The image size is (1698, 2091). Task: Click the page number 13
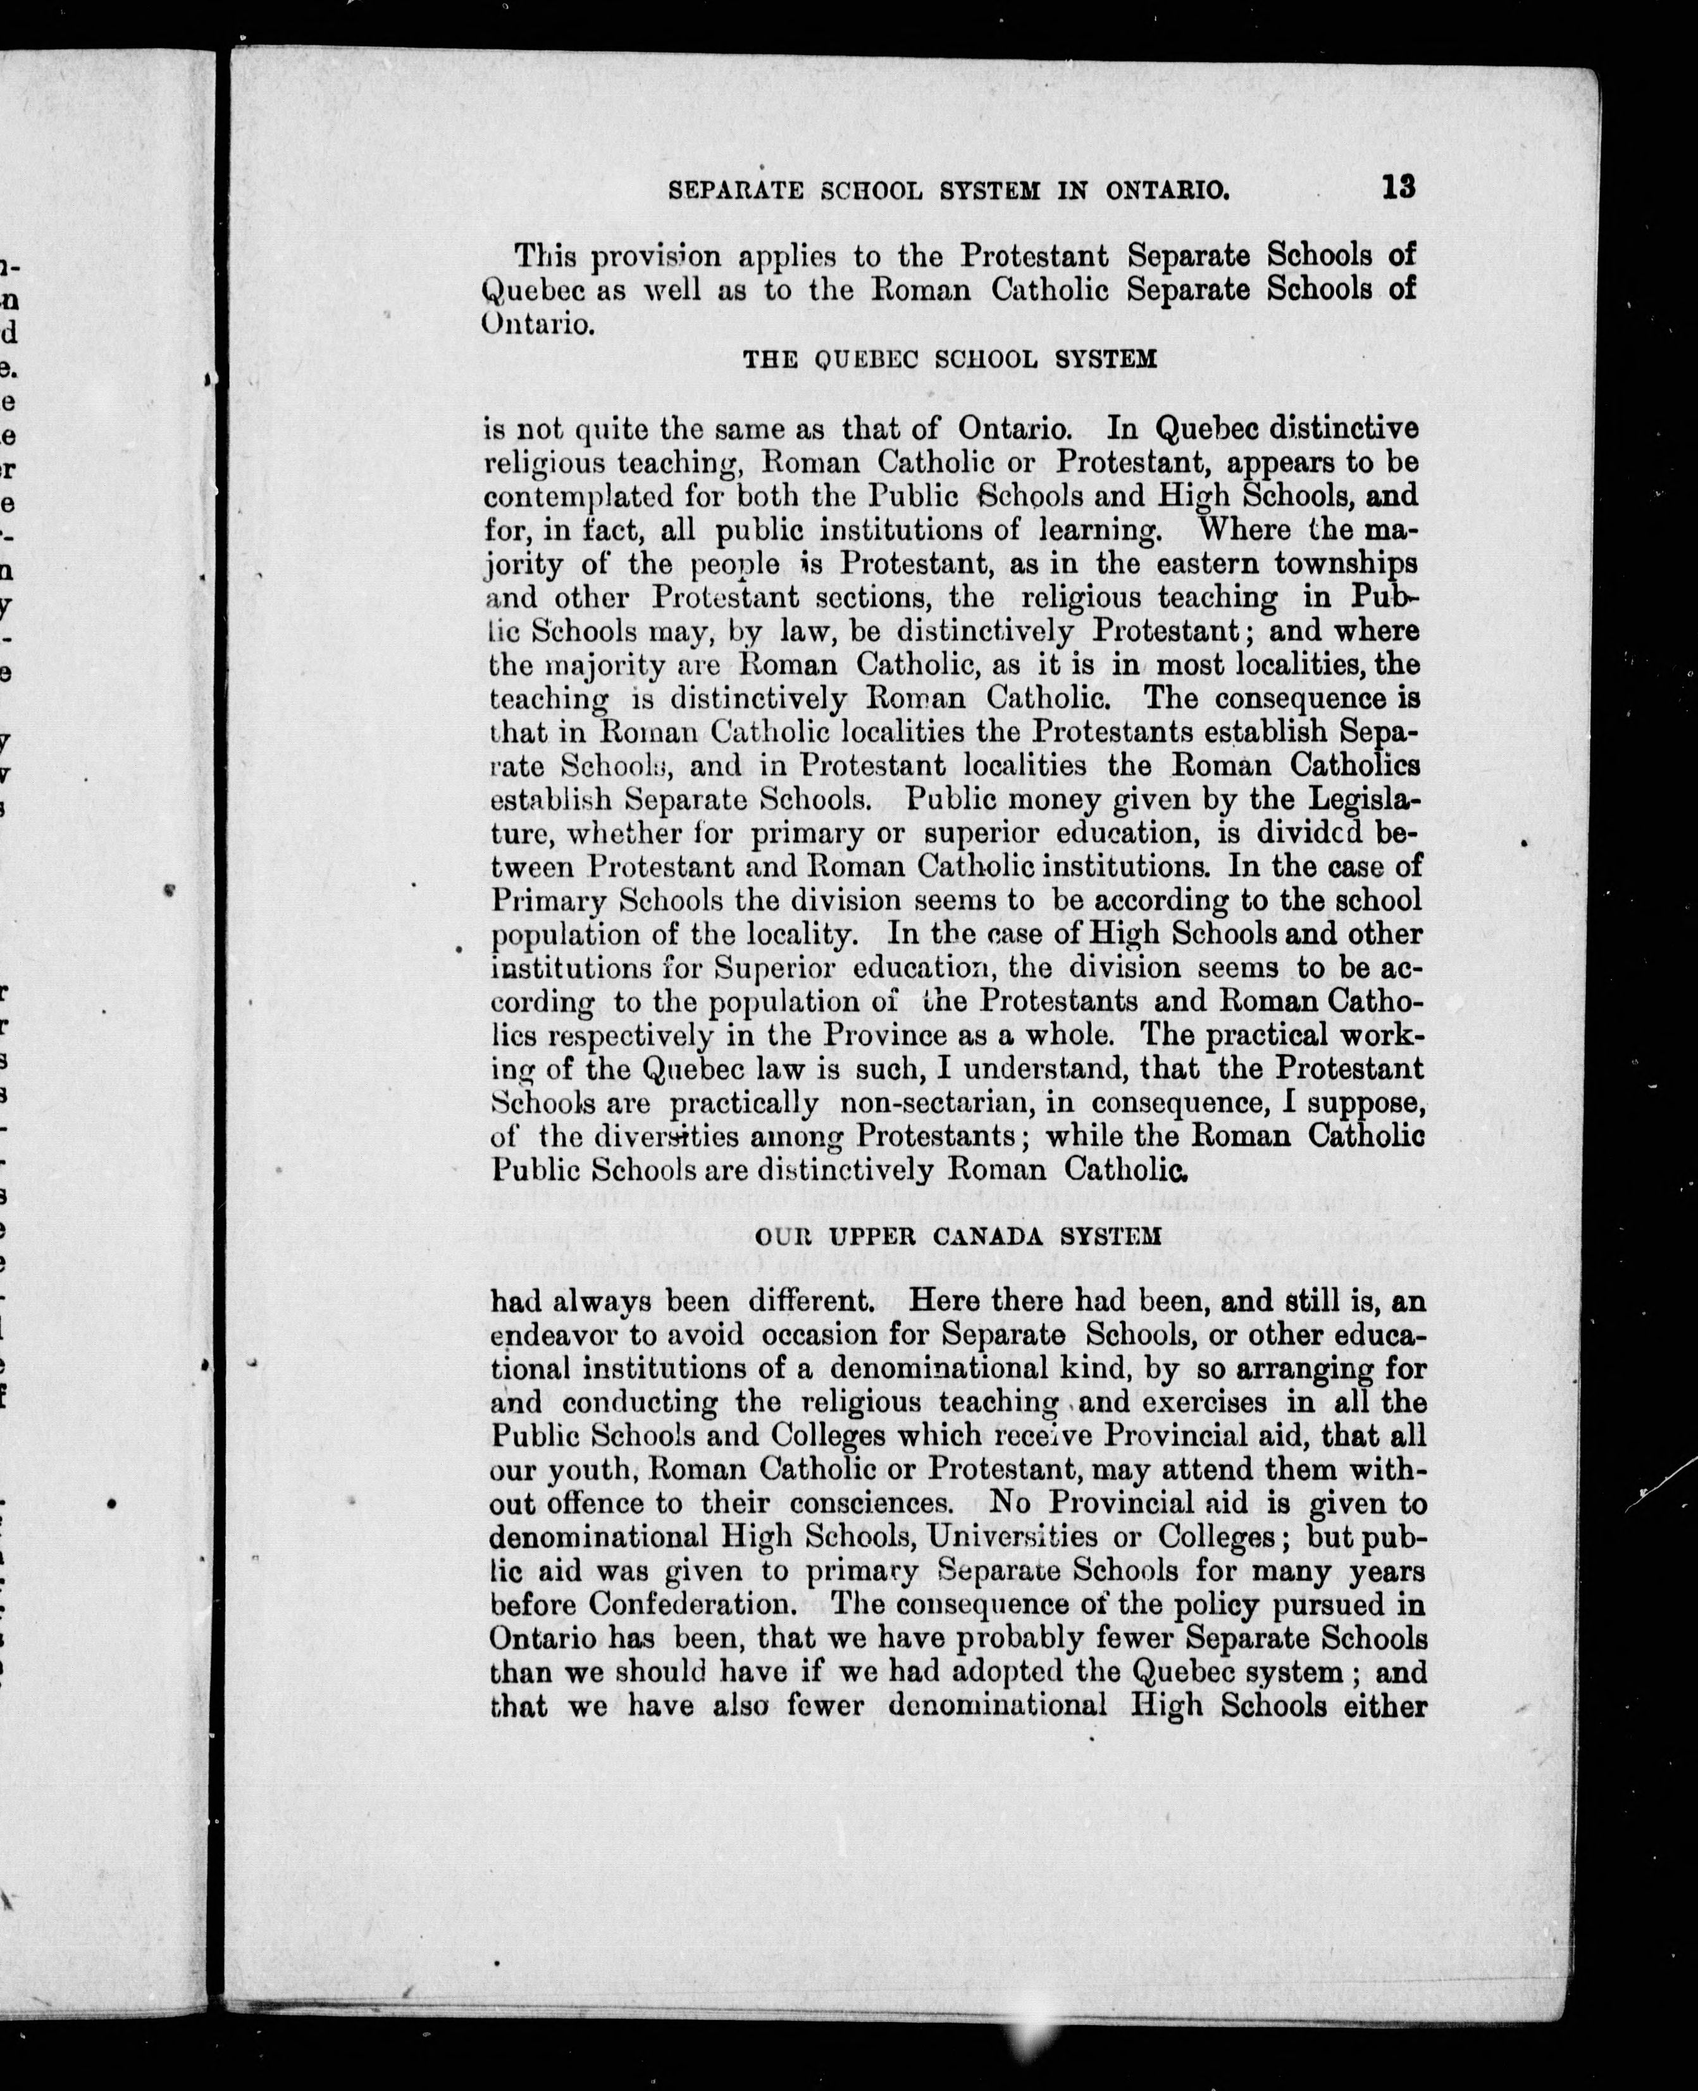click(1399, 187)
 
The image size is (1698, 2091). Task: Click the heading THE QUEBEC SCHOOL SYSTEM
click(950, 359)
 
